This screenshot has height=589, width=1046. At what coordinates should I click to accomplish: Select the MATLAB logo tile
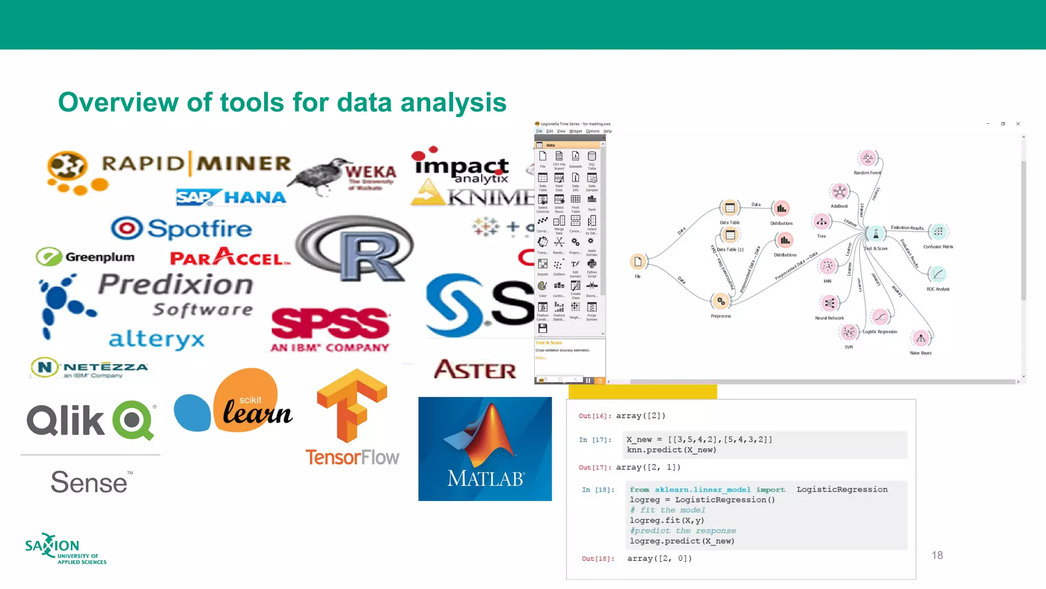coord(485,448)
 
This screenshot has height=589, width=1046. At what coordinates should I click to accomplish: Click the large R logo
coord(354,249)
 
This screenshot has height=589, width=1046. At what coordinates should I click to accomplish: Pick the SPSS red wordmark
coord(330,323)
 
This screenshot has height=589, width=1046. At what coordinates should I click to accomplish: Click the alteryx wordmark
coord(156,339)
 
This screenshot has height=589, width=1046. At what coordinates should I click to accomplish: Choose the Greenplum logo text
coord(100,257)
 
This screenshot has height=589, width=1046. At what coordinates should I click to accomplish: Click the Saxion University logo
coord(65,549)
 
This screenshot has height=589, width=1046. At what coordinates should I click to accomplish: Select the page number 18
coord(937,555)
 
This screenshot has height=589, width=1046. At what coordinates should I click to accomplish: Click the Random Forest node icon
coord(868,158)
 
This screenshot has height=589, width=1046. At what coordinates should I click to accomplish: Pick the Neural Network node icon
coord(829,303)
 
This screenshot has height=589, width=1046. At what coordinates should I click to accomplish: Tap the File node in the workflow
coord(637,262)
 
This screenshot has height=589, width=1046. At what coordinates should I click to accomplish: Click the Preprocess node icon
coord(721,301)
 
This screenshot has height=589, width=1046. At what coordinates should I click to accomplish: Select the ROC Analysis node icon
coord(938,275)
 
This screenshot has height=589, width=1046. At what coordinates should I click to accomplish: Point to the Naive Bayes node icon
coord(921,338)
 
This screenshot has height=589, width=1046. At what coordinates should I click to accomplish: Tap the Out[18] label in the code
coord(598,559)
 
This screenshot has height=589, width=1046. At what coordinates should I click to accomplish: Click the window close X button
coord(1018,124)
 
